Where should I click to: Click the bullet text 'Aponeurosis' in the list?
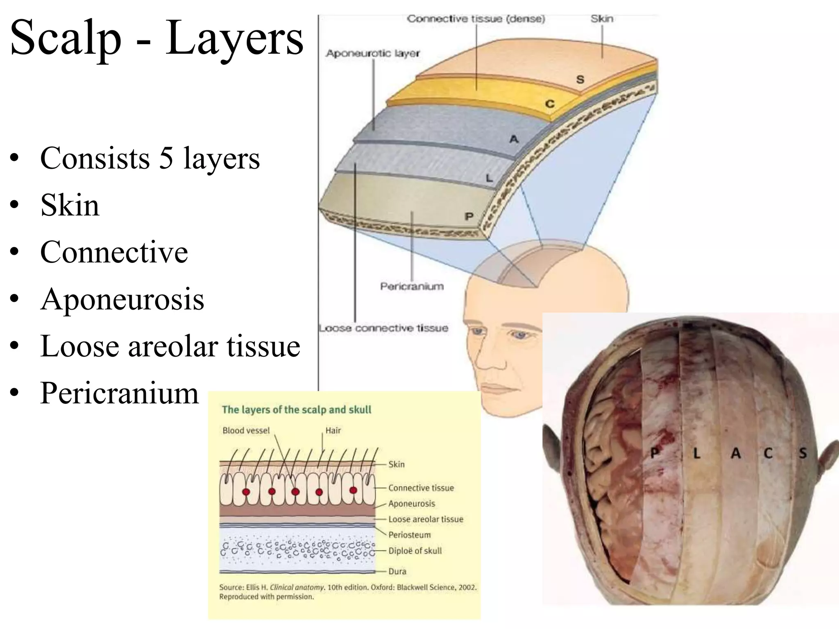pyautogui.click(x=122, y=299)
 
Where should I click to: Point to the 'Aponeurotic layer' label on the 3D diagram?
pyautogui.click(x=373, y=53)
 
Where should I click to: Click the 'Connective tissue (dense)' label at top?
pyautogui.click(x=476, y=19)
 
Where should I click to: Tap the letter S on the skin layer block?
pyautogui.click(x=580, y=79)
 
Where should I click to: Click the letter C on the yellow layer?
pyautogui.click(x=550, y=104)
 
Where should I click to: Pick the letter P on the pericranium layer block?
pyautogui.click(x=469, y=216)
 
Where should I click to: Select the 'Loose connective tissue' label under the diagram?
pyautogui.click(x=383, y=328)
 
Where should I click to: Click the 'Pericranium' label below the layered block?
pyautogui.click(x=412, y=286)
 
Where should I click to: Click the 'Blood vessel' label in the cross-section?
pyautogui.click(x=246, y=430)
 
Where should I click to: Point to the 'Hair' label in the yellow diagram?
pyautogui.click(x=333, y=430)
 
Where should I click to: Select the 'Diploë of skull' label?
pyautogui.click(x=415, y=551)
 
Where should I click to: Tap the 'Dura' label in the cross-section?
pyautogui.click(x=397, y=571)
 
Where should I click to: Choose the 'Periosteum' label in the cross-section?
pyautogui.click(x=410, y=535)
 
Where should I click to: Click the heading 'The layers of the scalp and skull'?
pyautogui.click(x=297, y=410)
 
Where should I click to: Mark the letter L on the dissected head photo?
pyautogui.click(x=696, y=454)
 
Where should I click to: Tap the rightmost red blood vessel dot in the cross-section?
pyautogui.click(x=353, y=490)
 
